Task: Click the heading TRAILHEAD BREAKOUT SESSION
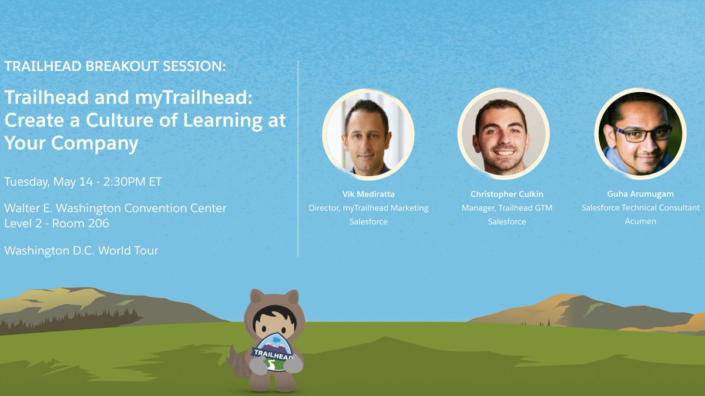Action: pos(115,66)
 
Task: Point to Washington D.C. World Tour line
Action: pos(81,251)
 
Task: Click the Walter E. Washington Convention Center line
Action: pos(115,209)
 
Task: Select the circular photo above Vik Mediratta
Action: pos(368,135)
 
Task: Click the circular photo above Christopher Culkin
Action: pos(503,135)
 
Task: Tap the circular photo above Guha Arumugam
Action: pos(640,135)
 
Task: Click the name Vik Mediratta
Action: pos(368,194)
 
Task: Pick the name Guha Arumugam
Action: pos(640,194)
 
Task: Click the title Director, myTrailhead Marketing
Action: pos(368,208)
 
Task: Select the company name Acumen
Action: pos(640,222)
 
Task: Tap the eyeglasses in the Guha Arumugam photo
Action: pos(642,133)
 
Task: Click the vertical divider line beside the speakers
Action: pos(298,159)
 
